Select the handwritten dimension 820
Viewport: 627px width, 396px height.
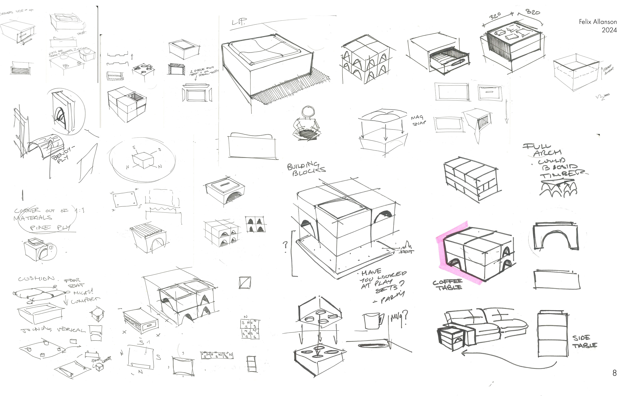coord(532,12)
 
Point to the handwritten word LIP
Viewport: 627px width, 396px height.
coord(238,22)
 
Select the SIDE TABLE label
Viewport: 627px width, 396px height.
coord(584,342)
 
